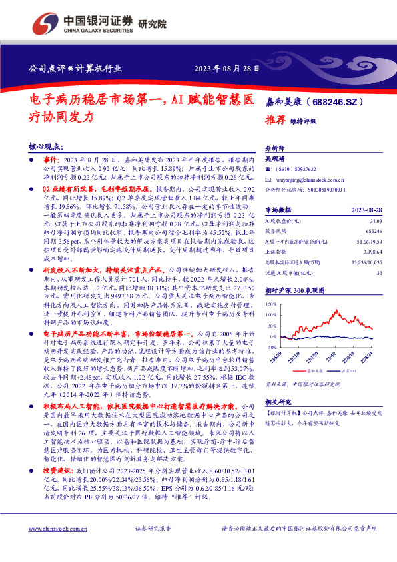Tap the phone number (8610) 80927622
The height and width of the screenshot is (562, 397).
tap(294, 170)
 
